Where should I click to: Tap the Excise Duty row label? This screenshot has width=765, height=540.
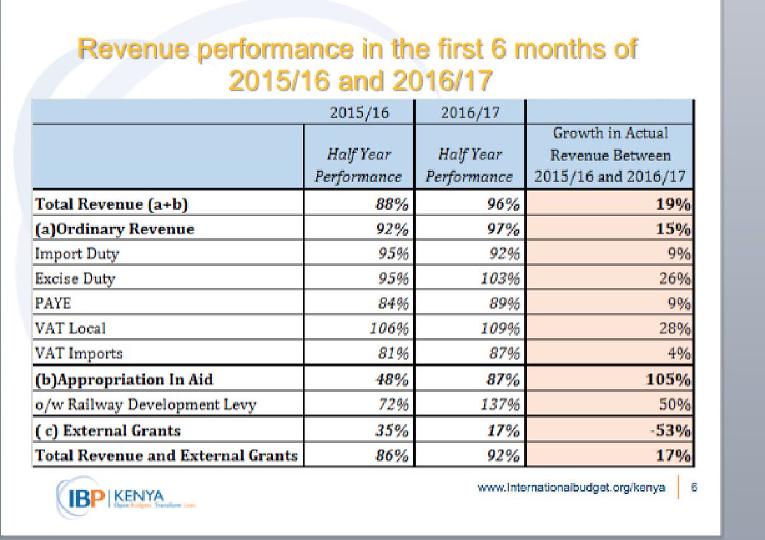(x=76, y=278)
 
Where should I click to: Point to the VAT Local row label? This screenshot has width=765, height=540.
(x=71, y=329)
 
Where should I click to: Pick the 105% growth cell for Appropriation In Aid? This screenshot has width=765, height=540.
(x=669, y=380)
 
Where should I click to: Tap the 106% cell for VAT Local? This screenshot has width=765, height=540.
(x=389, y=329)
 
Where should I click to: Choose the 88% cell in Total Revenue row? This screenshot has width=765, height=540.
(x=391, y=204)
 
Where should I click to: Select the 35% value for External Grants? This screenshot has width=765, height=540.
(x=391, y=430)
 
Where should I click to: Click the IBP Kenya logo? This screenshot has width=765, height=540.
(x=115, y=494)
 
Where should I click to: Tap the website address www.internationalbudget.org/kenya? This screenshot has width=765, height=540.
(x=572, y=488)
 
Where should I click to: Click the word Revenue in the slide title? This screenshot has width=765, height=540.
(x=133, y=50)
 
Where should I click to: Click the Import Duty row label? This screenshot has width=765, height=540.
(x=77, y=253)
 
